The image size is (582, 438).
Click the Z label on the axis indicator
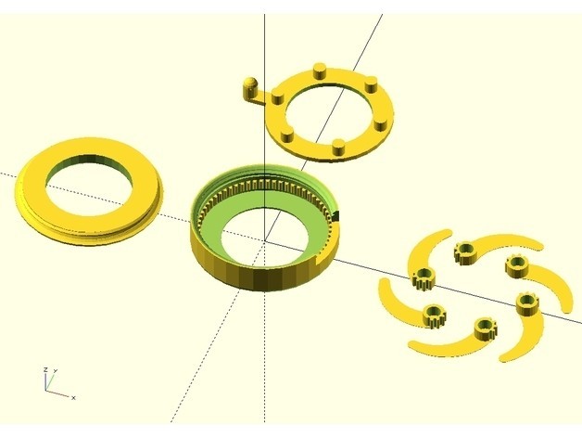45,369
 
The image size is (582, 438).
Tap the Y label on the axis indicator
56,370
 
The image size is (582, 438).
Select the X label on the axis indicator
74,398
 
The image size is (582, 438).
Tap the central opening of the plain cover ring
89,185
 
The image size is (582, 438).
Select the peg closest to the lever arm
278,98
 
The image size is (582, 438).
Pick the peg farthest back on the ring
320,71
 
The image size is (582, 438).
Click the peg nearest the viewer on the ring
338,148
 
